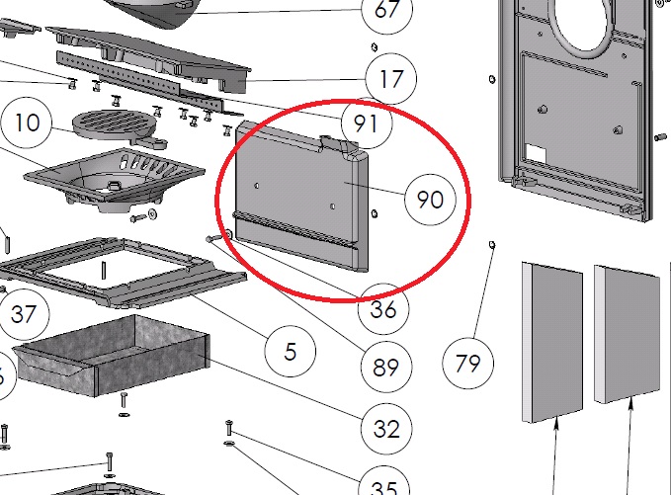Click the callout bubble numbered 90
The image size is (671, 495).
click(x=430, y=200)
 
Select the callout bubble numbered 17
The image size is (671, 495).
click(x=390, y=79)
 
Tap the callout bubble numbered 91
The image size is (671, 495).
click(x=367, y=124)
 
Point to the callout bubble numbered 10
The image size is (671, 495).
click(x=27, y=123)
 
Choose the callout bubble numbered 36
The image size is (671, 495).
click(x=383, y=309)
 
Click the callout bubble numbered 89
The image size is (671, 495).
click(x=386, y=368)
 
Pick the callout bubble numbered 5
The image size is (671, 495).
click(x=291, y=352)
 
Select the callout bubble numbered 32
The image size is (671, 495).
click(x=386, y=429)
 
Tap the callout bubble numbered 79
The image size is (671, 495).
click(x=467, y=364)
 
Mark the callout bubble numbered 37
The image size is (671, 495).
click(x=24, y=314)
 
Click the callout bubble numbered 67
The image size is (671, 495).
click(x=387, y=11)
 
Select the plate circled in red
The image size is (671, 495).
click(x=301, y=197)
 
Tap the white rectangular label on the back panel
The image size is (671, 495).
click(x=536, y=153)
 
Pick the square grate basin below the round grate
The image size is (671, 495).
click(x=115, y=179)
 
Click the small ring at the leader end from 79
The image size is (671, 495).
click(x=492, y=245)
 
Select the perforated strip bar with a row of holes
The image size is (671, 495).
click(x=141, y=80)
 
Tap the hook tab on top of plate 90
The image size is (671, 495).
click(x=339, y=144)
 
